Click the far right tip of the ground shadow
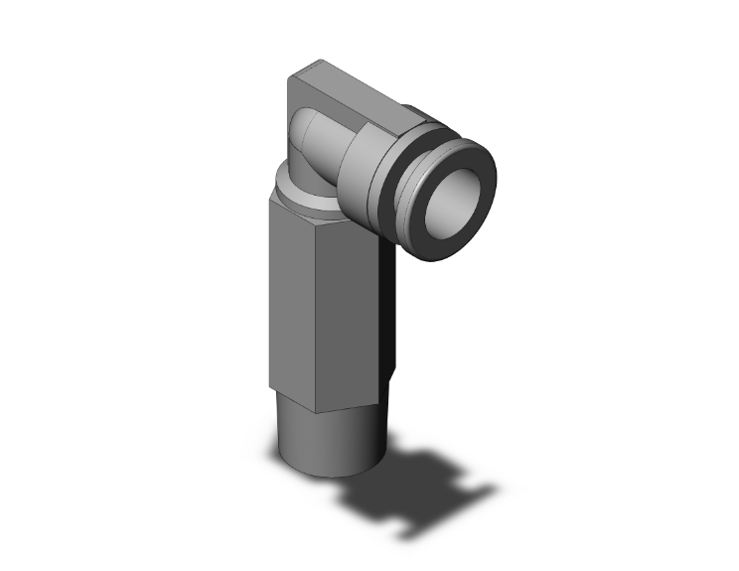pyautogui.click(x=494, y=489)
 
